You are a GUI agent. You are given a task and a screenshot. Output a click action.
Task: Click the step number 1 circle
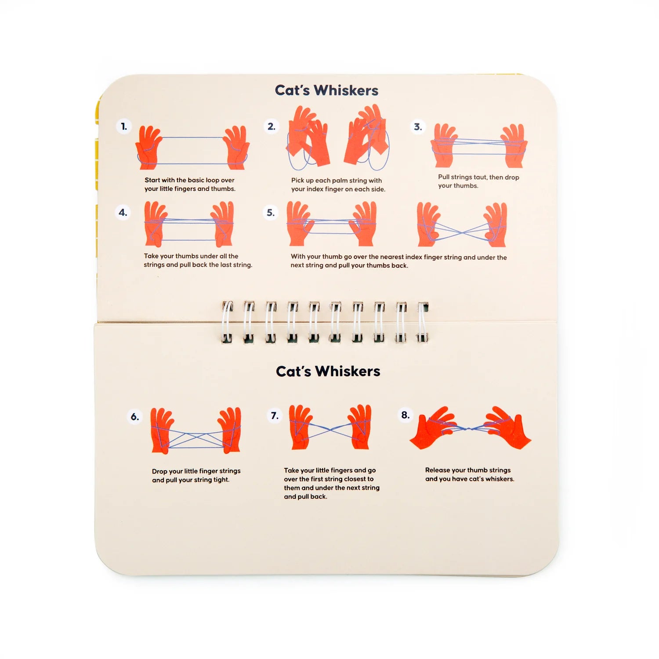point(124,127)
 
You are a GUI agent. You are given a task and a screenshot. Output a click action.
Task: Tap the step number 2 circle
point(272,127)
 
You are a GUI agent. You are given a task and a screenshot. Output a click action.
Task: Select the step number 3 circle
point(418,127)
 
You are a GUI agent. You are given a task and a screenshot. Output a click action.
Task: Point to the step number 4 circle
point(123,213)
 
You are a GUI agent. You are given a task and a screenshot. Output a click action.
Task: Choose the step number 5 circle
point(271,213)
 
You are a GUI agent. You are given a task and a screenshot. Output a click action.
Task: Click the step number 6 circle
point(135,416)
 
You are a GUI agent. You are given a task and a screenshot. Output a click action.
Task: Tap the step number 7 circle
point(275,416)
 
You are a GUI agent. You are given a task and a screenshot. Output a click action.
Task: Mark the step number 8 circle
point(405,415)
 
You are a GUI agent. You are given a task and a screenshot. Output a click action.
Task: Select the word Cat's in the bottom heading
point(293,371)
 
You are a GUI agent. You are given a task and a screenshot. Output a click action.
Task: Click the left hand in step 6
point(161,431)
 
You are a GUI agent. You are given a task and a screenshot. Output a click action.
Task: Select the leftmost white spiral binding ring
point(227,322)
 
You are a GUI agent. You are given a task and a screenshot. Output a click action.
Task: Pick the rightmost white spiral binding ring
point(423,322)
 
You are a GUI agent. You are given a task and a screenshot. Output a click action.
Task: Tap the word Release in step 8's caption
point(437,470)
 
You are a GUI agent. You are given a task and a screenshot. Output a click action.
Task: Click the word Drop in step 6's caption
point(159,471)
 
